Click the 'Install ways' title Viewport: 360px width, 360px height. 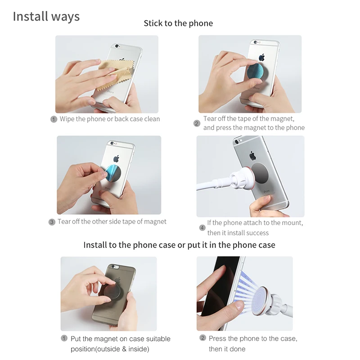(46, 17)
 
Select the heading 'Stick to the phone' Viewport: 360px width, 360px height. (178, 23)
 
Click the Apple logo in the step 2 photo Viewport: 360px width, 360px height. (261, 57)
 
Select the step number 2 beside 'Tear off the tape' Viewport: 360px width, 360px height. (197, 123)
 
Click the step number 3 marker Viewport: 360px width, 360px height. (52, 222)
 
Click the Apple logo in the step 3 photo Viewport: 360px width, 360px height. (116, 158)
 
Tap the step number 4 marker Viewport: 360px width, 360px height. (202, 228)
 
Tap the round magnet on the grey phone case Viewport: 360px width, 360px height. (113, 291)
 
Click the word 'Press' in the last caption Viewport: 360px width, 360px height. (217, 338)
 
